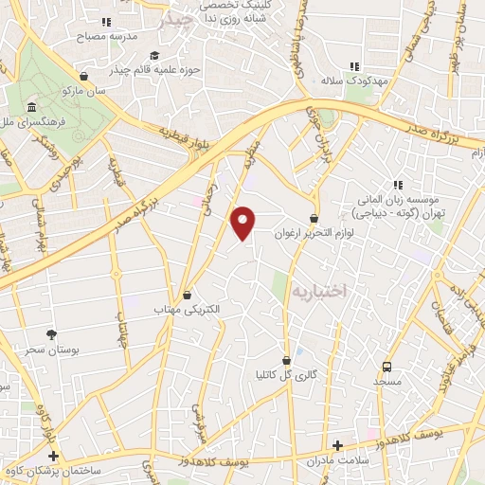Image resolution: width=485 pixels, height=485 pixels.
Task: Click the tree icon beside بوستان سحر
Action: pos(51,334)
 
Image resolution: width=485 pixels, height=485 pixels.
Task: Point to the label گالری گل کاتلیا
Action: pos(279,373)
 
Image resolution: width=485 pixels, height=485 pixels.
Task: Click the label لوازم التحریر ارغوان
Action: pos(314,233)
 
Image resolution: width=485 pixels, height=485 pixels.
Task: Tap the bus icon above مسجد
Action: pos(386,367)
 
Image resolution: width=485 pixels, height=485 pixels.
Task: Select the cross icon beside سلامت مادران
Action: pos(337,445)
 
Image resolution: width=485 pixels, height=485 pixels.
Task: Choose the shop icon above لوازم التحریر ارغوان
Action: pos(314,219)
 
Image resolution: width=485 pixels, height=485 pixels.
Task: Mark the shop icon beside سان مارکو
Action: pos(85,78)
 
